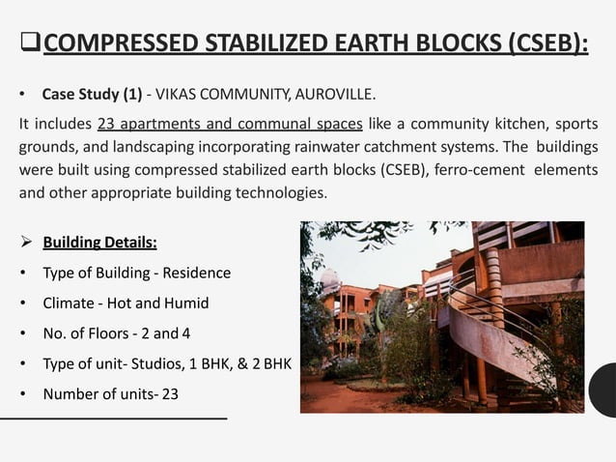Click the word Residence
pyautogui.click(x=198, y=273)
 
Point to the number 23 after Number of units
pyautogui.click(x=169, y=394)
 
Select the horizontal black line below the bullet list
pyautogui.click(x=114, y=418)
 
